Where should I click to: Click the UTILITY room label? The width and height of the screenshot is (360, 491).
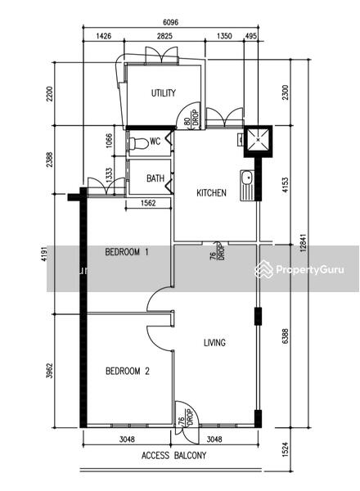point(164,93)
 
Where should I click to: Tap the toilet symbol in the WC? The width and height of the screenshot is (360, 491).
point(138,143)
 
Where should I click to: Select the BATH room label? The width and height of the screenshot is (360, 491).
point(155,178)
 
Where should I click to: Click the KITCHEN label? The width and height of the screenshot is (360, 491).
point(211,193)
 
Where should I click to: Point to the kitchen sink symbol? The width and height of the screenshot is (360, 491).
point(246,185)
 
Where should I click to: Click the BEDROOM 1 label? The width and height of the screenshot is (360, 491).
point(127,252)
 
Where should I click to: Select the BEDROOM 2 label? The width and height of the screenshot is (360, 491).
point(128,371)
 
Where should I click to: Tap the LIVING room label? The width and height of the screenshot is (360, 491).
point(214,343)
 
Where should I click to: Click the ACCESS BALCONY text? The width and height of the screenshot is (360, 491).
point(173,455)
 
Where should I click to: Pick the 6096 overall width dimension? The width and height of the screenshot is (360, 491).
point(171,22)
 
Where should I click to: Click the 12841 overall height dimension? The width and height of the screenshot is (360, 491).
point(303,243)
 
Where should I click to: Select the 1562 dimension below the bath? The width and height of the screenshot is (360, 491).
point(148,203)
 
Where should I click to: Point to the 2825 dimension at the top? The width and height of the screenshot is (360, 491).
point(164,36)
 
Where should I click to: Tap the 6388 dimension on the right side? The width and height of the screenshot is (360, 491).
point(286,336)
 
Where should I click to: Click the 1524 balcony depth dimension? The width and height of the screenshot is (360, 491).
point(286,449)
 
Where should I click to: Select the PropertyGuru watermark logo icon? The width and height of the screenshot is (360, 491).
point(263,269)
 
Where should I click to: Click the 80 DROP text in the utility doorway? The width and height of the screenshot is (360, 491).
point(191,118)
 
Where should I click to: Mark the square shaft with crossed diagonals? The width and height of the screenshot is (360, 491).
point(259,141)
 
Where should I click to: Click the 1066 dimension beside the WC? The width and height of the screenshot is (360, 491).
point(109,141)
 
